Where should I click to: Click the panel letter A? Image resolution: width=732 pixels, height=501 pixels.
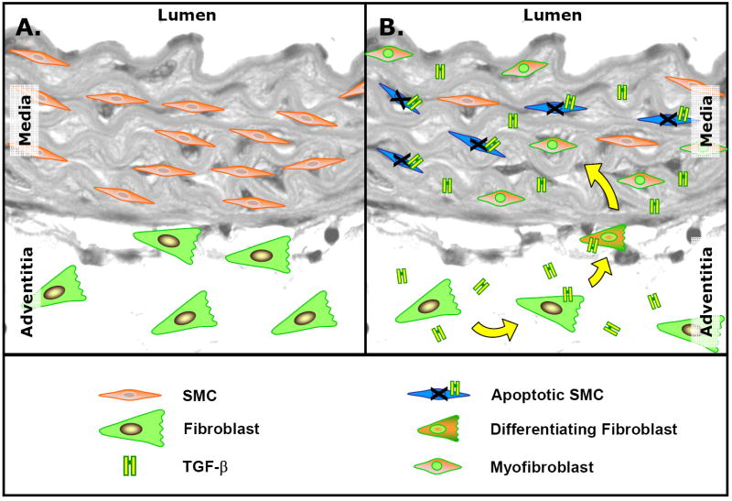[x=27, y=28]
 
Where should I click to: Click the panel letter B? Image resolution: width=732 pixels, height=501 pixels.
[x=392, y=28]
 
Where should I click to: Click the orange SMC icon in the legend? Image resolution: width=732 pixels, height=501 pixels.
[x=130, y=395]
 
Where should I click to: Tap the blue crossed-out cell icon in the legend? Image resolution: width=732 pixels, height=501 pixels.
[x=439, y=394]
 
